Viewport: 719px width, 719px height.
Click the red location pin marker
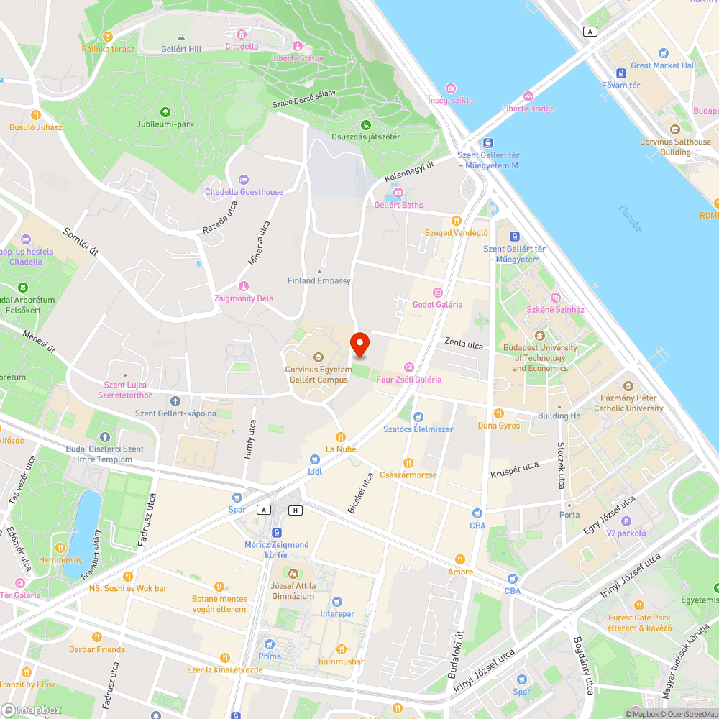(359, 345)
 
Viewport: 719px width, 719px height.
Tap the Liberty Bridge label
(528, 109)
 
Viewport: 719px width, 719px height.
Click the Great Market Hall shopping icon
(663, 53)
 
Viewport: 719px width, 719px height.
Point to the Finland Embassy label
(319, 280)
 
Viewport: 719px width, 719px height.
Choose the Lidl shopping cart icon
(314, 459)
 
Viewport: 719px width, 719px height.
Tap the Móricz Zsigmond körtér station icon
(276, 533)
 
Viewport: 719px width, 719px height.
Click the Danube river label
(631, 218)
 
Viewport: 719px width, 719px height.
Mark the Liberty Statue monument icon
(297, 46)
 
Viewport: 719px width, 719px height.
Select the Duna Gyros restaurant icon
(499, 413)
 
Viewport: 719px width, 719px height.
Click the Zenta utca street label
(464, 344)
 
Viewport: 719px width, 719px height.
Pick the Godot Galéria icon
(437, 292)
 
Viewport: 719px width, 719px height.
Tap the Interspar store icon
(337, 602)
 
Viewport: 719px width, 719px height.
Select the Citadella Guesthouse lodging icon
(244, 180)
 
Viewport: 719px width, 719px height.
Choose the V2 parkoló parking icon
(626, 521)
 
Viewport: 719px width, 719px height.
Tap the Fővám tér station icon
(620, 73)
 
